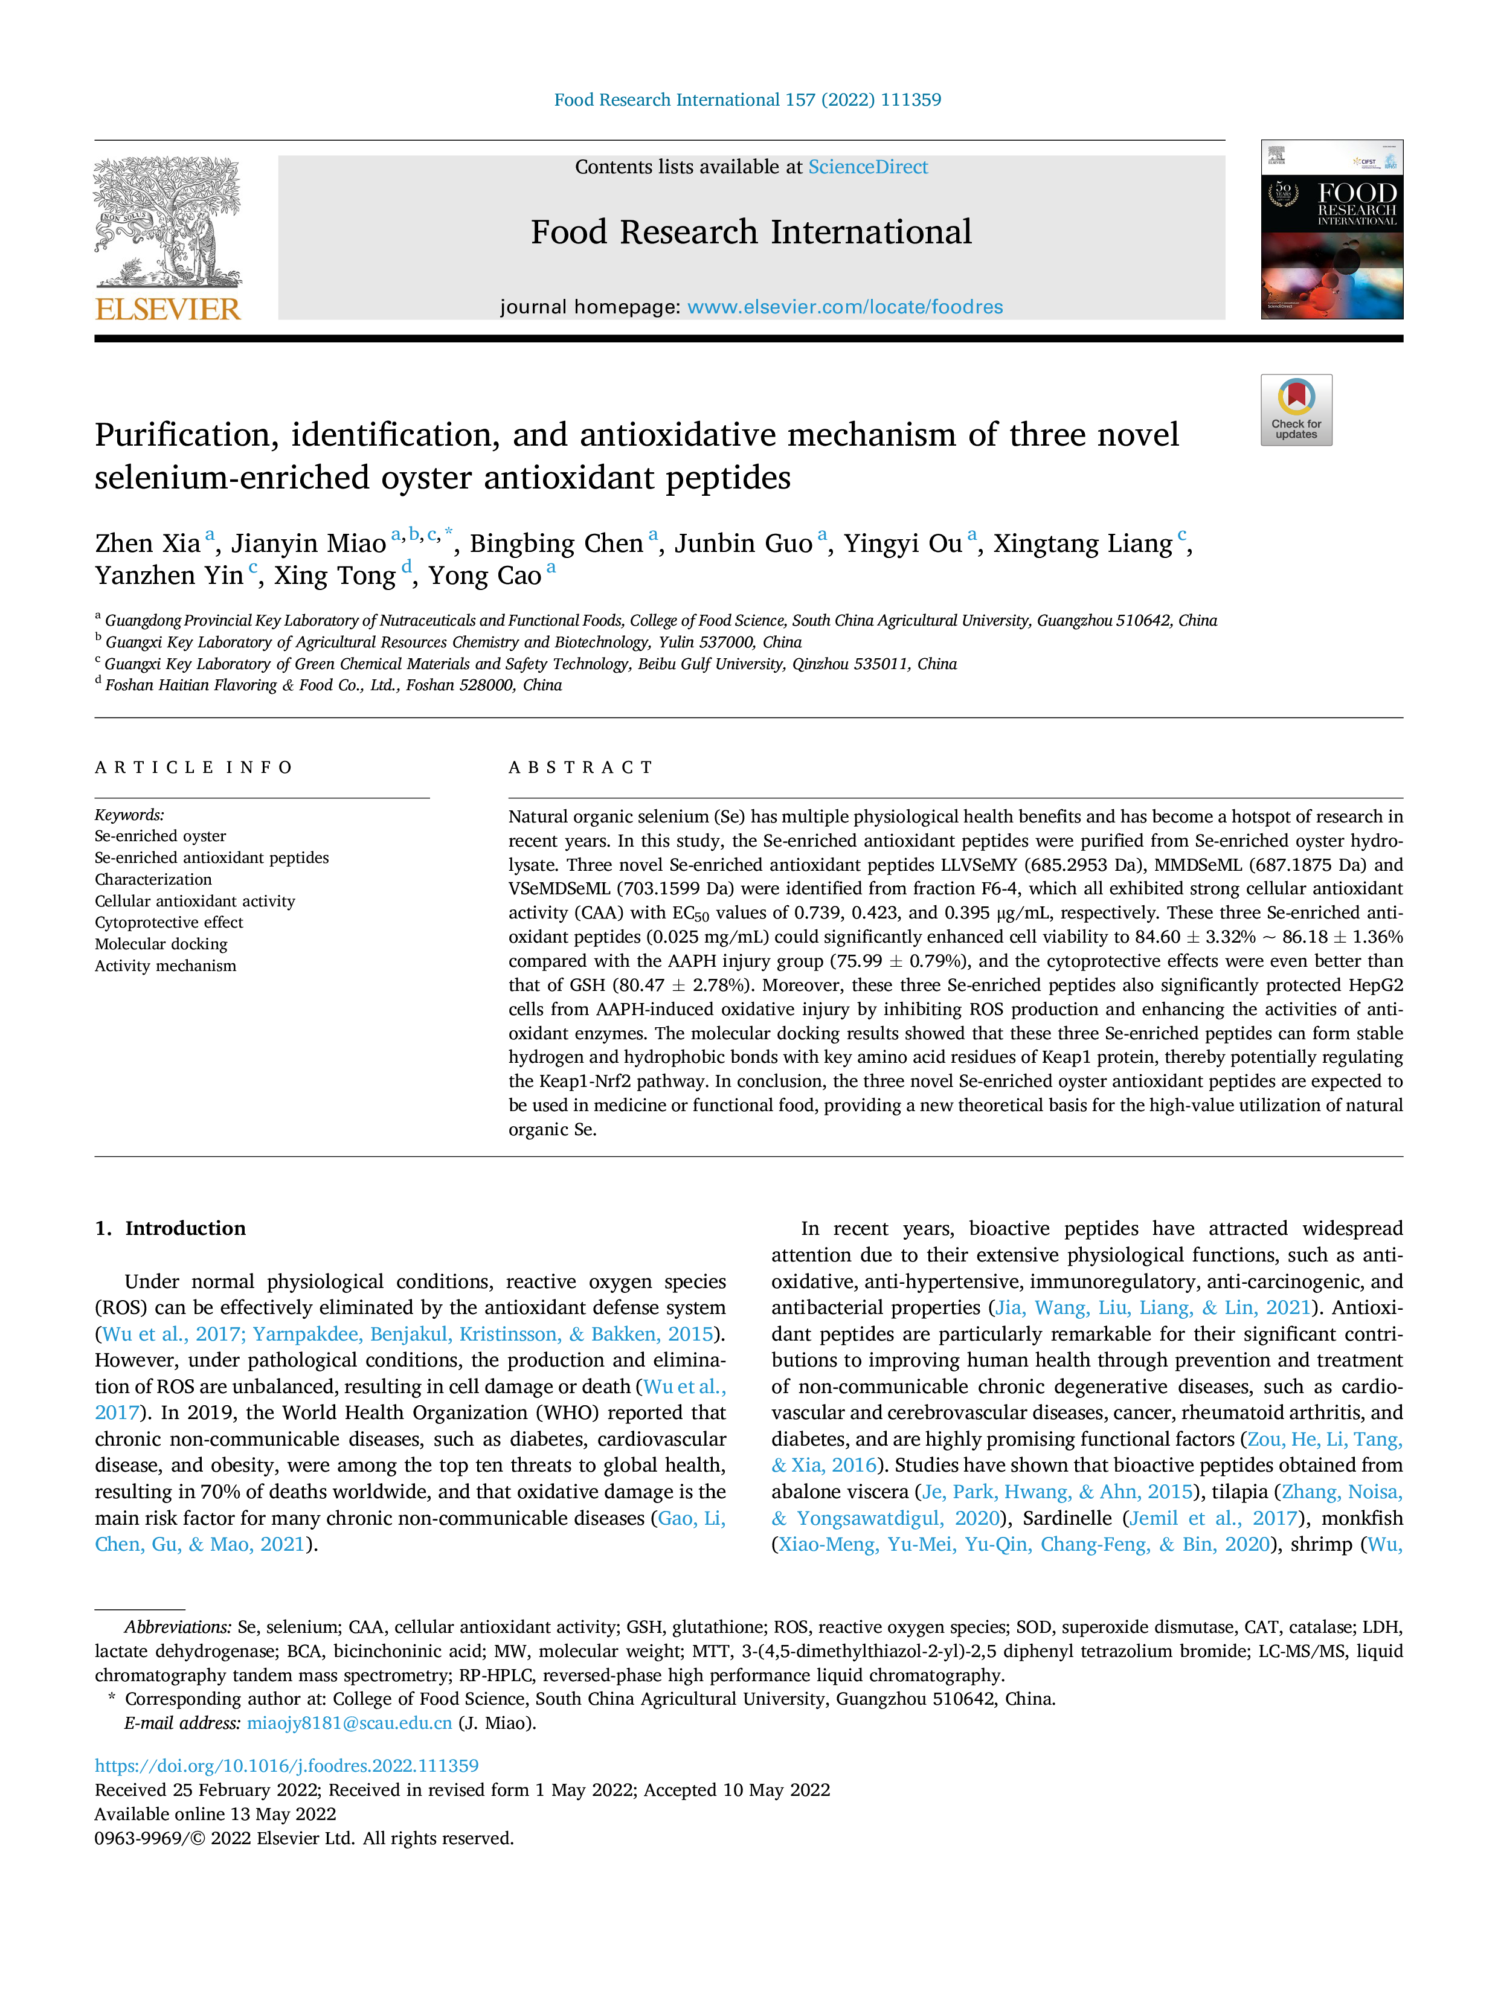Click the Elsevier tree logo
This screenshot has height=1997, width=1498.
click(x=168, y=221)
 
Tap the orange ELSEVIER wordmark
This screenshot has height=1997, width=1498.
click(x=168, y=309)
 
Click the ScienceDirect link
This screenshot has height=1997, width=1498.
click(x=868, y=167)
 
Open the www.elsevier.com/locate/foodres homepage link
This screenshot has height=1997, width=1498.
click(x=845, y=307)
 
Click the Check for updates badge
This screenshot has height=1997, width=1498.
click(x=1296, y=410)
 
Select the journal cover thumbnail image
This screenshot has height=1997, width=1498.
click(x=1332, y=229)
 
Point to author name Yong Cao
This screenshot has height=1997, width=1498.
click(x=485, y=576)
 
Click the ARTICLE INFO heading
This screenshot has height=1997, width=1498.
click(x=194, y=768)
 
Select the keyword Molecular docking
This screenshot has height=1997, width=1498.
click(x=161, y=944)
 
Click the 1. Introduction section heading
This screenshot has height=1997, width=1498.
click(x=171, y=1228)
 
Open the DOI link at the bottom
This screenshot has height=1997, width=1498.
click(x=287, y=1766)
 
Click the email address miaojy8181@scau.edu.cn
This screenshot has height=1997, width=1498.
click(x=350, y=1723)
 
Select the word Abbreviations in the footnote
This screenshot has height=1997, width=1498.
click(x=178, y=1627)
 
